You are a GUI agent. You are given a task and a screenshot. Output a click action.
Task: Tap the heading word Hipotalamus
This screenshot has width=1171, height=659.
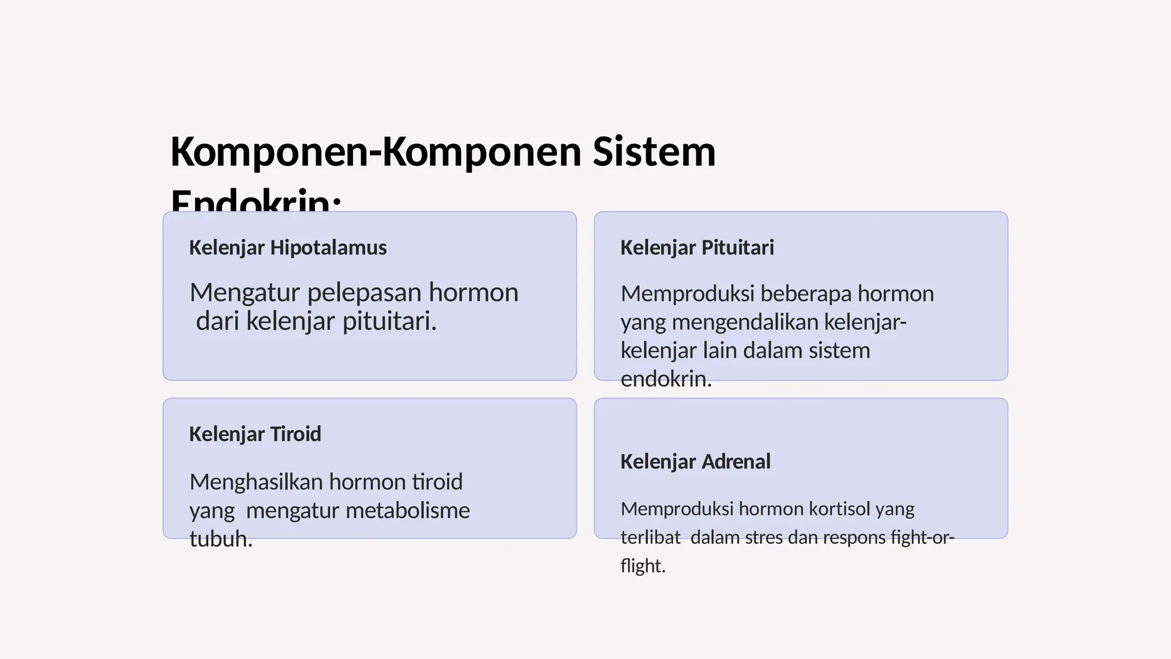(328, 248)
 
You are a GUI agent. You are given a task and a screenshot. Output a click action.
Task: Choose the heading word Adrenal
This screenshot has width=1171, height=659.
(736, 462)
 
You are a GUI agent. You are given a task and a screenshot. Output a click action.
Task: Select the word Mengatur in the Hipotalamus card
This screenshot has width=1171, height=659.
(245, 293)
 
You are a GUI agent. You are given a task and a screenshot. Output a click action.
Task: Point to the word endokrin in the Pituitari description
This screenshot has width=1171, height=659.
(666, 379)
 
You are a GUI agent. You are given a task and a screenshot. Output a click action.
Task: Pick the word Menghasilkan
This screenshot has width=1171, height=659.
(256, 482)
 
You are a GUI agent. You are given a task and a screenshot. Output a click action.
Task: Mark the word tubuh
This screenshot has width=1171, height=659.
(221, 539)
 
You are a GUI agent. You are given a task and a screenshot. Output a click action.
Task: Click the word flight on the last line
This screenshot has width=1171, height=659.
(643, 566)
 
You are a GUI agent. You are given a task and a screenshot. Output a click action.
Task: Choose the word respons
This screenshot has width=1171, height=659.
(853, 538)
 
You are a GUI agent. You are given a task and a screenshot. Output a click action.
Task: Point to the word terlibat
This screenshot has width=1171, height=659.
(651, 538)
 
